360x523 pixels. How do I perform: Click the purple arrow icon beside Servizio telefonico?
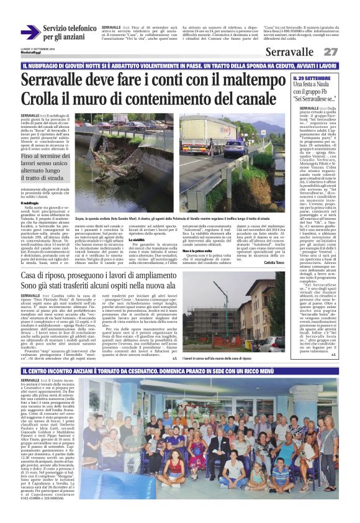click(x=30, y=32)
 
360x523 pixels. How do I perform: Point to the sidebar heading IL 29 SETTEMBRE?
click(x=313, y=76)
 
